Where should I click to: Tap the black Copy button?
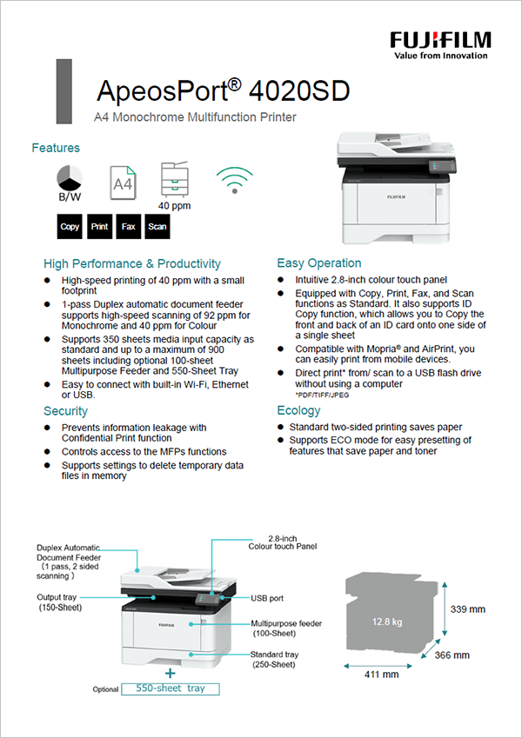(x=70, y=227)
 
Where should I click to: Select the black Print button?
(x=100, y=227)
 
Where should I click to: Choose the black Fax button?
(x=128, y=227)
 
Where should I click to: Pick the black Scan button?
(x=157, y=227)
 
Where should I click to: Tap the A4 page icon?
(x=123, y=183)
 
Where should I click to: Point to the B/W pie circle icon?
(x=70, y=177)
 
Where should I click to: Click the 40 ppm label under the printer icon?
(x=174, y=206)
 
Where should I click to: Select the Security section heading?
(x=65, y=410)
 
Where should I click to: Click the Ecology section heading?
(x=298, y=410)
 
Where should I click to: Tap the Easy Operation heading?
(x=318, y=263)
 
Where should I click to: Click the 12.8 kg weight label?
(x=386, y=622)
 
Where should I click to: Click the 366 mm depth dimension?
(x=452, y=655)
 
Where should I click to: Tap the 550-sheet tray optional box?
(x=171, y=688)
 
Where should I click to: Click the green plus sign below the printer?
(x=171, y=672)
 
